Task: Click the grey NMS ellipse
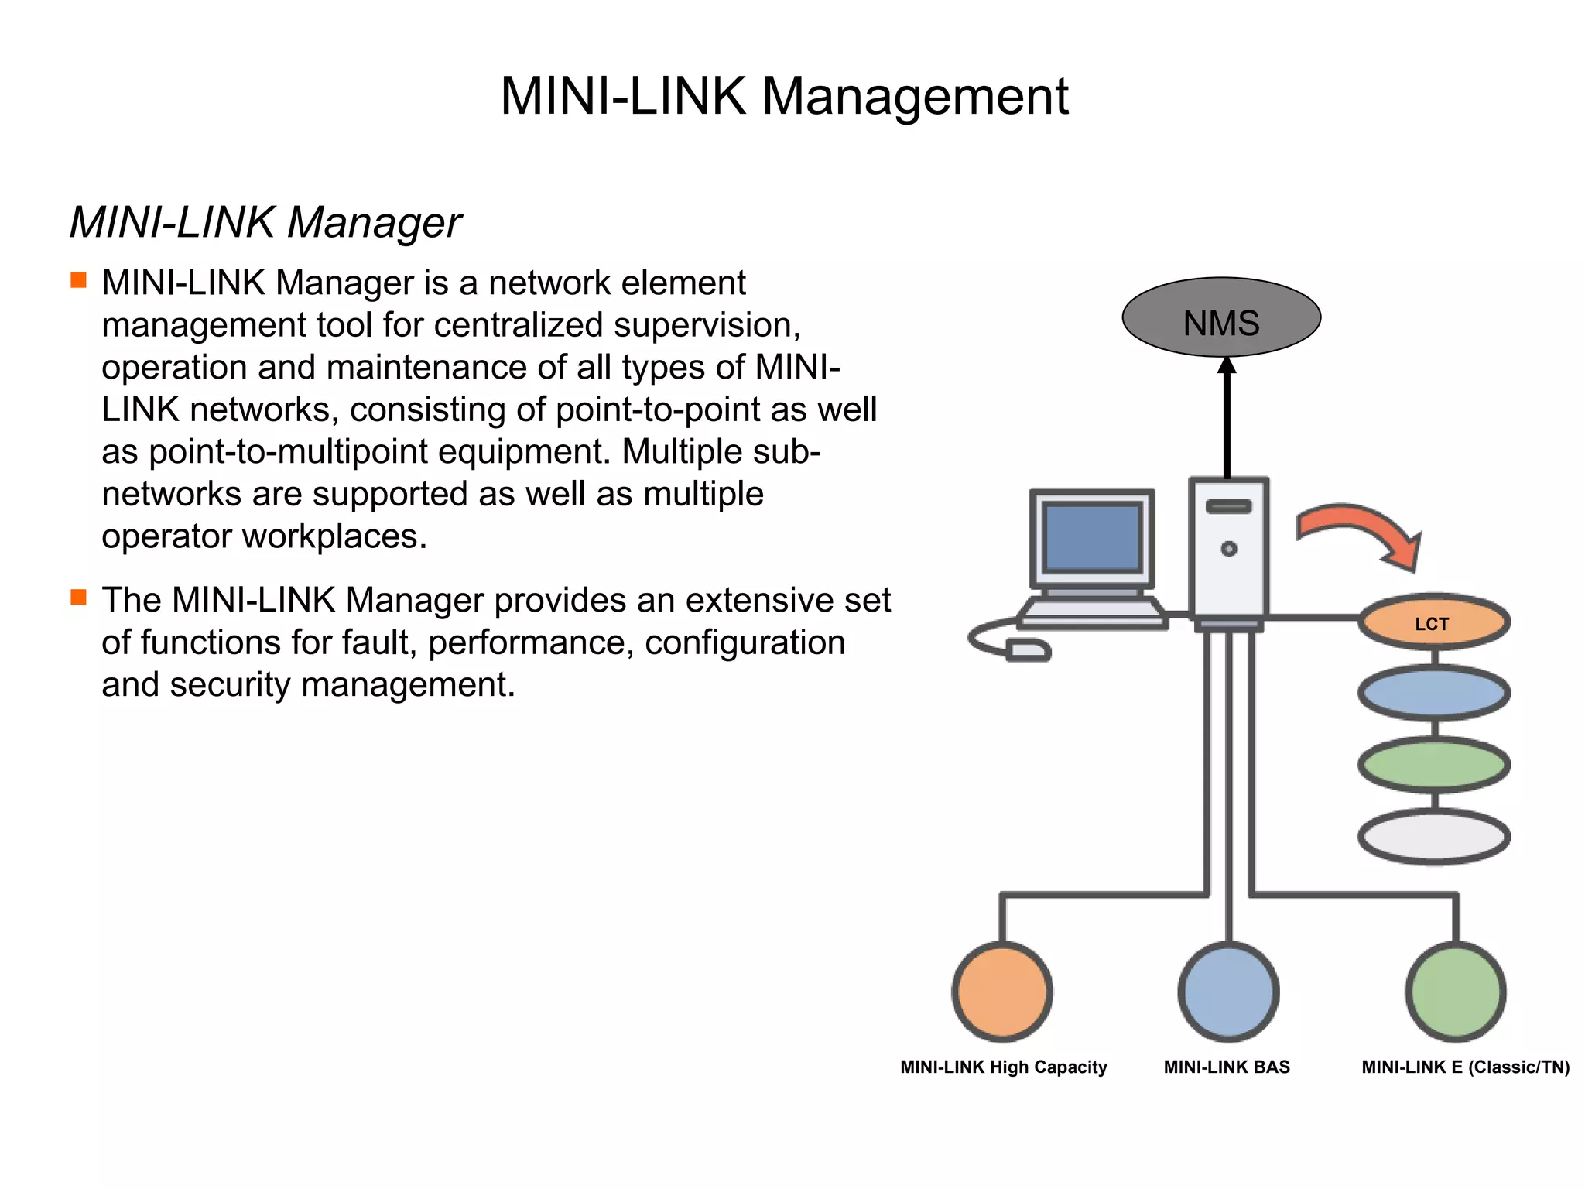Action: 1220,317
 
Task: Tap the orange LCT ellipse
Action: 1433,622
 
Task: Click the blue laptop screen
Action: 1091,537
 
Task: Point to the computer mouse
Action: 1029,649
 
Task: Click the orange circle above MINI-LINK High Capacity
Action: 1002,992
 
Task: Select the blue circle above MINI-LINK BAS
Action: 1228,992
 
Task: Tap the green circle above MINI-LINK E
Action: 1455,992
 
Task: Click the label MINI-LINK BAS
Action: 1227,1067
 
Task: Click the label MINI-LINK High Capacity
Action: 1003,1067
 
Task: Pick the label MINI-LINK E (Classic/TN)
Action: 1465,1067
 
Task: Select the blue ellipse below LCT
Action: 1433,693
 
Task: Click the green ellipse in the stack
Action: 1433,765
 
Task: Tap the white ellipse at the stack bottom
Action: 1433,837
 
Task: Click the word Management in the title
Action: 915,98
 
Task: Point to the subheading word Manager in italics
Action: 375,223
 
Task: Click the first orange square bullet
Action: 79,280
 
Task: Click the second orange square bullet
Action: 79,597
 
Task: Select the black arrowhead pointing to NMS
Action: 1227,366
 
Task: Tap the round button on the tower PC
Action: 1228,549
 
